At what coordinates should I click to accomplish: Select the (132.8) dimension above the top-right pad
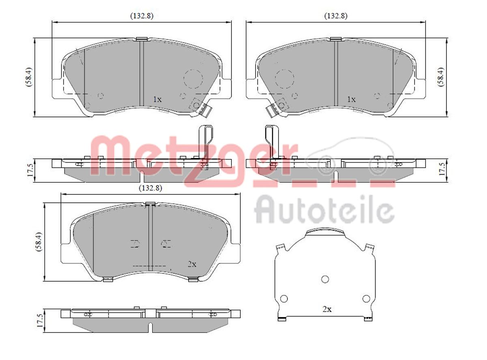click(335, 16)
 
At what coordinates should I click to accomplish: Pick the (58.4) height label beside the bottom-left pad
click(39, 242)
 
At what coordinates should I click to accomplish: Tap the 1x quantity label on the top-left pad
click(157, 99)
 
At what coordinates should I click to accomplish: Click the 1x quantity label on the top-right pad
click(351, 99)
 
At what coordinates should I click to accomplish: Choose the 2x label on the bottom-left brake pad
click(192, 264)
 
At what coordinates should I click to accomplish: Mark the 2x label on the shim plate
click(327, 309)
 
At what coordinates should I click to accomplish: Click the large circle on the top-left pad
click(193, 78)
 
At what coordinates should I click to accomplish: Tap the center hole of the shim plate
click(325, 279)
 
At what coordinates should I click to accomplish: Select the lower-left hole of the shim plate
click(284, 299)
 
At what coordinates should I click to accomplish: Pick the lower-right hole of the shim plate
click(366, 299)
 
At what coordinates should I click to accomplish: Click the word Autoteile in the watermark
click(325, 210)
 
